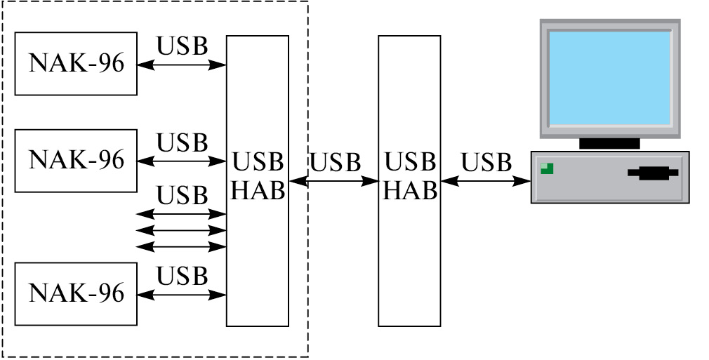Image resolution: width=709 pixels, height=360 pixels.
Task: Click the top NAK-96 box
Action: point(76,63)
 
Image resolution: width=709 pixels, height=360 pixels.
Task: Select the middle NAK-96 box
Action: point(76,160)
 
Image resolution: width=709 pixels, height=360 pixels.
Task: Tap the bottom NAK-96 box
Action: point(76,293)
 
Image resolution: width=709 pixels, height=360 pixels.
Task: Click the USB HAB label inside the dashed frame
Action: point(258,176)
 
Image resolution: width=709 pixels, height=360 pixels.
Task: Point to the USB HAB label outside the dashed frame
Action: point(410,176)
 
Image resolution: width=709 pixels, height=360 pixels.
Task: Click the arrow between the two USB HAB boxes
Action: point(333,181)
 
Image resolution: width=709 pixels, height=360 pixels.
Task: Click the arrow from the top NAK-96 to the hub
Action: point(182,65)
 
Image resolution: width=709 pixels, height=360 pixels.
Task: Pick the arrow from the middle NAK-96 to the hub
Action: point(182,161)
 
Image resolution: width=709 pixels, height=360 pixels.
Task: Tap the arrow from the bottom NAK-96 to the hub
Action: point(182,294)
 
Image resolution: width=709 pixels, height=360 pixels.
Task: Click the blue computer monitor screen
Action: point(609,78)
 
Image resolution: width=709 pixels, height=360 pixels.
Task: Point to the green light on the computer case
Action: point(547,168)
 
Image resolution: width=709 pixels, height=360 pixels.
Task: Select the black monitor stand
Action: point(609,143)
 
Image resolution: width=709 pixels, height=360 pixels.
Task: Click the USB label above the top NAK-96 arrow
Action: point(183,46)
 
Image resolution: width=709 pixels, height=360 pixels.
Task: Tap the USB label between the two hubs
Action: point(335,162)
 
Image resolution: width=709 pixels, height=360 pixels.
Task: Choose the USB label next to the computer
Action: point(486,162)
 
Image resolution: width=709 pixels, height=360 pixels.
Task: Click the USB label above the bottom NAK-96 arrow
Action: point(183,276)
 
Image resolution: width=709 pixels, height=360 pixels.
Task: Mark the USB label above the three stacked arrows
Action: point(183,195)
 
